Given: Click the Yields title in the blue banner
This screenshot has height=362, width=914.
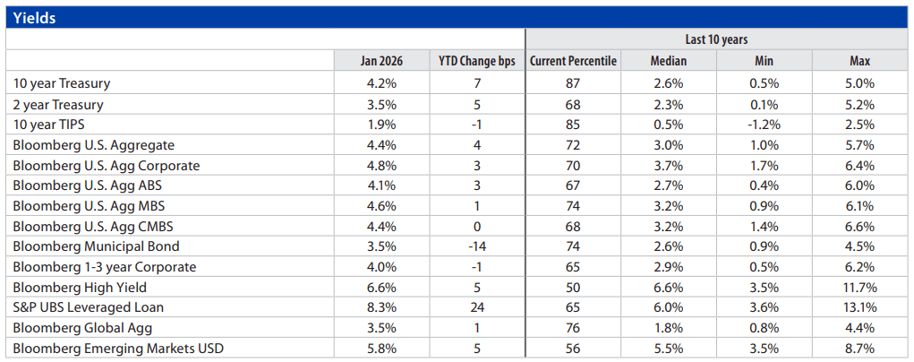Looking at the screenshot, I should pyautogui.click(x=35, y=18).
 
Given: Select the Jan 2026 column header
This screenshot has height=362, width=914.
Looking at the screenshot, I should pyautogui.click(x=382, y=61).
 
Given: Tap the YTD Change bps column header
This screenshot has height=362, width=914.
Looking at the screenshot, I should pyautogui.click(x=477, y=61).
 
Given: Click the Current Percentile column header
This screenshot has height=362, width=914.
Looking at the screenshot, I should pyautogui.click(x=573, y=61).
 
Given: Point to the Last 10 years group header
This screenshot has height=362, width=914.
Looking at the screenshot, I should pyautogui.click(x=716, y=39).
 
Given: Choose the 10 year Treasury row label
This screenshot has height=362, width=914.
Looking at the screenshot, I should pyautogui.click(x=62, y=83).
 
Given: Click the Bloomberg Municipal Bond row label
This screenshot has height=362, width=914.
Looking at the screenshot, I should pyautogui.click(x=96, y=246).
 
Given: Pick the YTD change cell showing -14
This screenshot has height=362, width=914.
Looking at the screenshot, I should pyautogui.click(x=477, y=246).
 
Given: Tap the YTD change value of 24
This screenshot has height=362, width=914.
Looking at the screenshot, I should pyautogui.click(x=477, y=307).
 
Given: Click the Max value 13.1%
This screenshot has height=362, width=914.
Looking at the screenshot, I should pyautogui.click(x=860, y=307).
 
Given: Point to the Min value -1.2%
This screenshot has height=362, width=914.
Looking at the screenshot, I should pyautogui.click(x=765, y=124).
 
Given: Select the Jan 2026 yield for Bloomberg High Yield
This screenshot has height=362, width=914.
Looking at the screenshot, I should pyautogui.click(x=382, y=287).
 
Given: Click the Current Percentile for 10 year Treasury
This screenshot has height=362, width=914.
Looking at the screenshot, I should pyautogui.click(x=573, y=83).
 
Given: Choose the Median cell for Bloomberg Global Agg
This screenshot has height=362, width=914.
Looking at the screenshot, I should pyautogui.click(x=668, y=328).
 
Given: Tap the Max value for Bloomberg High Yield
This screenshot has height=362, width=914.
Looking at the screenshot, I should pyautogui.click(x=860, y=287).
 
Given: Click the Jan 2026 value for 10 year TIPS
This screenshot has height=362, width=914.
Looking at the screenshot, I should pyautogui.click(x=382, y=124).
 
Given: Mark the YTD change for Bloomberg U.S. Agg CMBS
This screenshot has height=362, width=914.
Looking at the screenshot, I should pyautogui.click(x=477, y=226).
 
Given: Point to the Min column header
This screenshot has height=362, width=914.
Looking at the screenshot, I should pyautogui.click(x=765, y=61).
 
